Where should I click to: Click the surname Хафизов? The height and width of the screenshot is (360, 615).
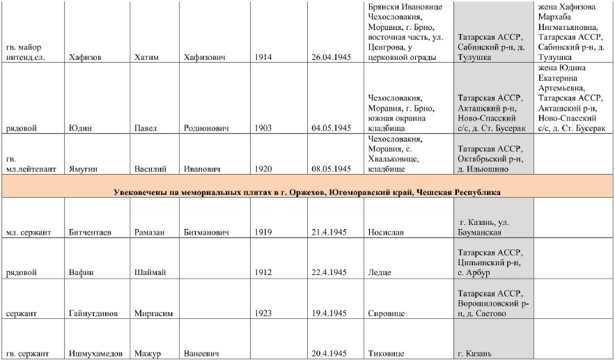[85, 57]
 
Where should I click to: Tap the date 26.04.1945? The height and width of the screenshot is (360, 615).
[331, 57]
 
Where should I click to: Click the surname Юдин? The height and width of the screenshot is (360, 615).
[79, 128]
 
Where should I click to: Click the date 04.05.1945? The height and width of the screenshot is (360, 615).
[331, 128]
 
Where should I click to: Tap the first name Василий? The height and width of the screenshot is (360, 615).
[150, 169]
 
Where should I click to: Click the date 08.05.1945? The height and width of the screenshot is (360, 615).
[331, 169]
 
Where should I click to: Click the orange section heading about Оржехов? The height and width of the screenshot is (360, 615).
[307, 191]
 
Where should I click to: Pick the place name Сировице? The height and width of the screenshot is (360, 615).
[387, 313]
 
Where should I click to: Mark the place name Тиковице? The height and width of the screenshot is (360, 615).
[386, 354]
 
